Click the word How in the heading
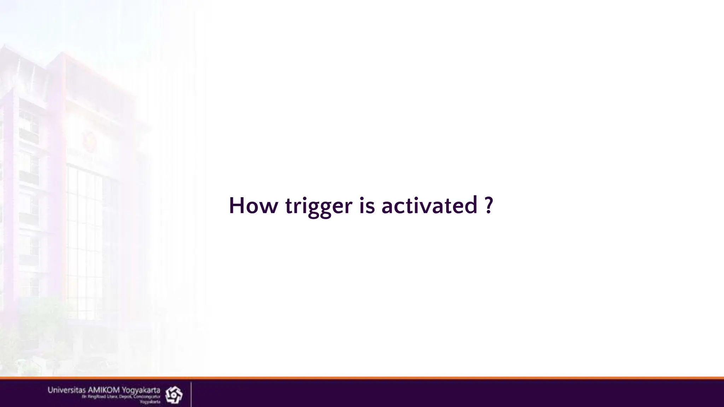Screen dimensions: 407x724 pos(253,206)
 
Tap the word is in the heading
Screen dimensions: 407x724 pos(367,206)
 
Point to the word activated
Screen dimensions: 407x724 pos(430,206)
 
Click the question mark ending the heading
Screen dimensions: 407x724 pos(489,205)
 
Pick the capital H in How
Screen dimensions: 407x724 pos(237,206)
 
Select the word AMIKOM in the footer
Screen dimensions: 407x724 pos(104,390)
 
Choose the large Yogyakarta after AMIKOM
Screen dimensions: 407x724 pos(141,390)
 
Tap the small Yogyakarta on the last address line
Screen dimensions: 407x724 pos(150,402)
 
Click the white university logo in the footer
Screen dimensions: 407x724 pos(174,395)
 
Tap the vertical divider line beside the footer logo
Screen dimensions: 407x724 pos(191,394)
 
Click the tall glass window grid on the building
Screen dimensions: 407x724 pos(87,244)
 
